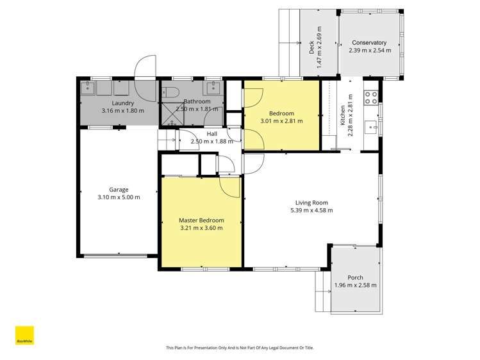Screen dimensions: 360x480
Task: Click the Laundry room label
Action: coord(122,102)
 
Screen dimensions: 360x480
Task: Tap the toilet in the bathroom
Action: coord(169,92)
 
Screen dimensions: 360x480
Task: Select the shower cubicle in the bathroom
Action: coord(169,113)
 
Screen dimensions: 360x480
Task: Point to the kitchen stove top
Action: coord(370,98)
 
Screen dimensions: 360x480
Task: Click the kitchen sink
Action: coord(370,126)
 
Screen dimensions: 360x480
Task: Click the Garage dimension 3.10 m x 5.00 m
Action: coord(119,197)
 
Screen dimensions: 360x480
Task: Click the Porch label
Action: coord(355,277)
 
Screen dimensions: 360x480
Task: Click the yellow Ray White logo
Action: coord(24,336)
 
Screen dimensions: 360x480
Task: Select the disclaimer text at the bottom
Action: coord(240,348)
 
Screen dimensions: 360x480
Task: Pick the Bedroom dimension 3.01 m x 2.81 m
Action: coord(281,120)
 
